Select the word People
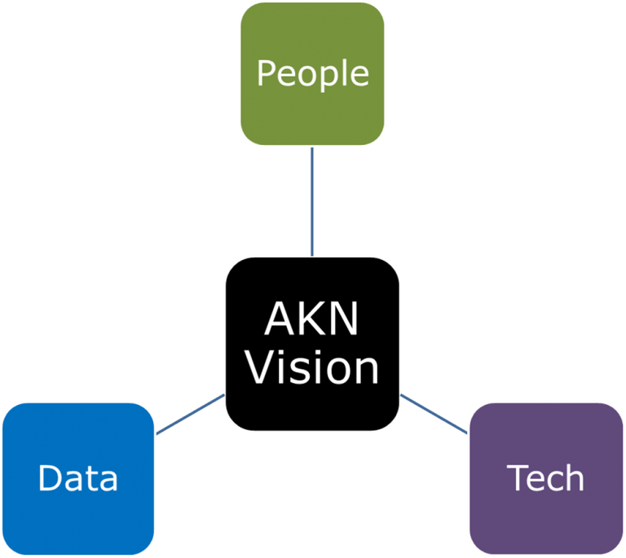tap(312, 74)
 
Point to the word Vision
tap(312, 368)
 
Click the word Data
tap(78, 478)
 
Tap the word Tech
tap(545, 478)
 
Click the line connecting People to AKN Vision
tap(312, 201)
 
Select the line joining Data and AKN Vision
tap(189, 414)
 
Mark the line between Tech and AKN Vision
tap(434, 413)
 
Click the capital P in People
tap(267, 73)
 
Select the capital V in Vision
tap(262, 368)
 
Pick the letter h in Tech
tap(574, 478)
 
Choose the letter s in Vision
tap(303, 371)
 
